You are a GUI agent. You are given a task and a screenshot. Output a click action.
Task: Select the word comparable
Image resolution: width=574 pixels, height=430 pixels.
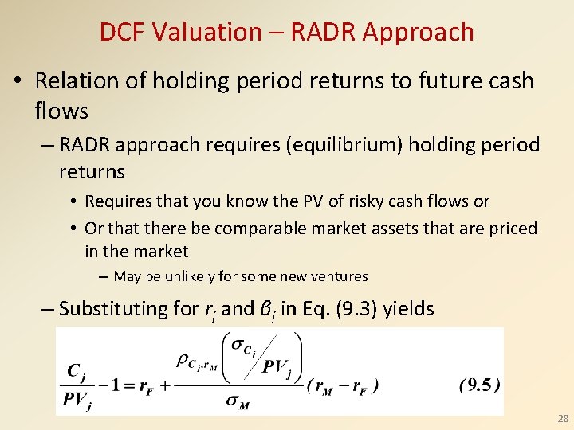click(261, 229)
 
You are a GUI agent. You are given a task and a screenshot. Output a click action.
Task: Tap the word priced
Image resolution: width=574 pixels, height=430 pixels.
click(512, 229)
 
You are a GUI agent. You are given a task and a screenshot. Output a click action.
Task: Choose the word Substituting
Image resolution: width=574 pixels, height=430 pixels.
click(111, 308)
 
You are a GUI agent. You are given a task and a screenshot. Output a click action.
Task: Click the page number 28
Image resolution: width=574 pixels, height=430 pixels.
click(563, 419)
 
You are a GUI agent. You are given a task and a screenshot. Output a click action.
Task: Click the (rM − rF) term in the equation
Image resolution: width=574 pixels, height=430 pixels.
click(343, 386)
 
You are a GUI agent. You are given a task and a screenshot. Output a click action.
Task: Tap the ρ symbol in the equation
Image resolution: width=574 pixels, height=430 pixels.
click(183, 359)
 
